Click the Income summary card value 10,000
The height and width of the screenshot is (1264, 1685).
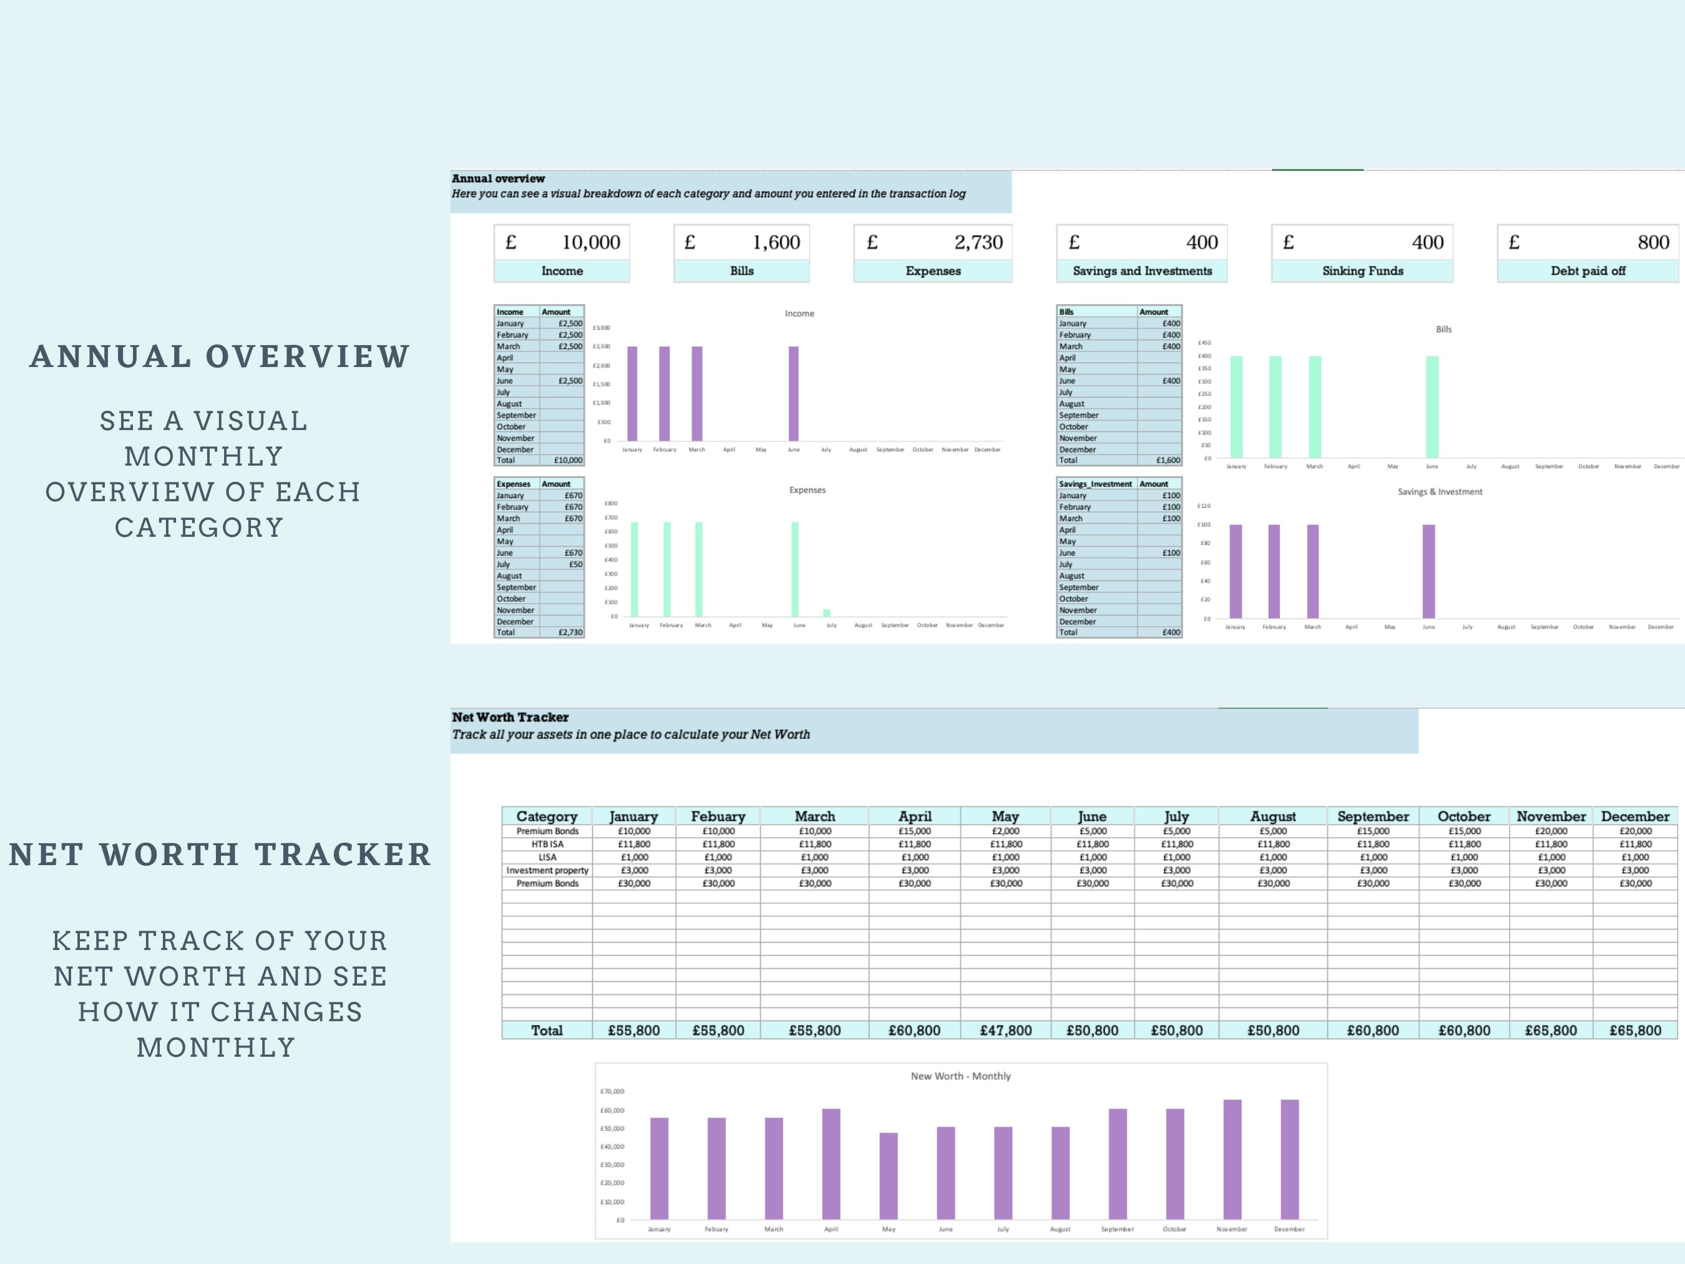pos(590,242)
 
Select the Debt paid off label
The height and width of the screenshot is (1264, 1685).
pos(1588,270)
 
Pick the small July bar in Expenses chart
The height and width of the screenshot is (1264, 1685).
pos(826,612)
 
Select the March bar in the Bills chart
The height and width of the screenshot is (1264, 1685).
pos(1315,407)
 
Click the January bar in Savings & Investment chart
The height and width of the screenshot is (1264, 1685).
pos(1236,571)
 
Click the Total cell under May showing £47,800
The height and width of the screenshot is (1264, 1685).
pos(1005,1030)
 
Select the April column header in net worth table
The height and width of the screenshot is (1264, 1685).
pos(914,816)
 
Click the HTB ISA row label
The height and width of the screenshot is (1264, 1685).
pos(547,844)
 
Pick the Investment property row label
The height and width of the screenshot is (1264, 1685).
pos(547,870)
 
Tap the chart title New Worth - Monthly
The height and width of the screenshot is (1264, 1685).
pos(960,1076)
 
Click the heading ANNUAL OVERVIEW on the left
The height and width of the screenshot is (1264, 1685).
pos(220,356)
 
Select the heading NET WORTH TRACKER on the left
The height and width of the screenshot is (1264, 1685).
pos(220,854)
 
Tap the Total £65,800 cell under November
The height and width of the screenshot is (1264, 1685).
pos(1550,1030)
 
